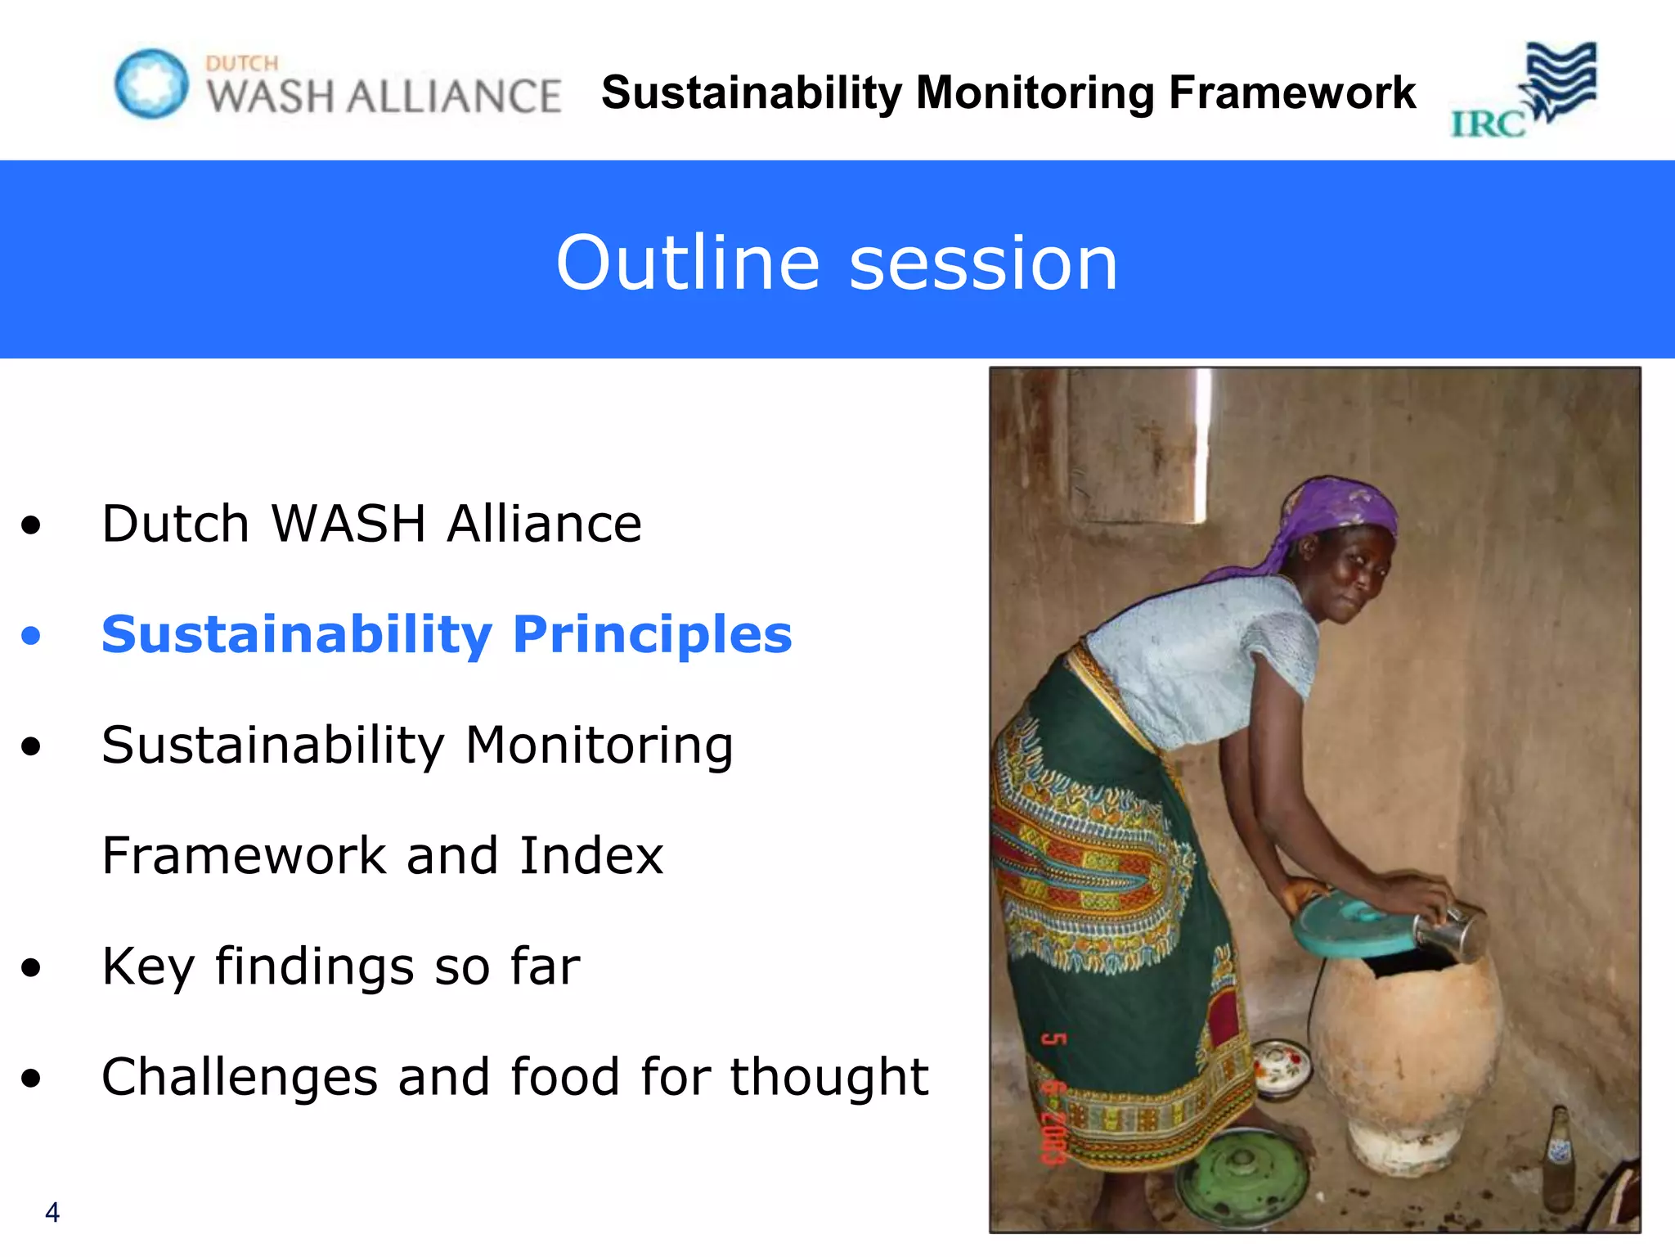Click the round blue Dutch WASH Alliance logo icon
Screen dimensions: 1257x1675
click(151, 83)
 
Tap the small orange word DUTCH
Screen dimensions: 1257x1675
click(242, 63)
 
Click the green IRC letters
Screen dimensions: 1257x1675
click(1487, 124)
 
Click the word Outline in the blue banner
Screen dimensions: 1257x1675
click(687, 263)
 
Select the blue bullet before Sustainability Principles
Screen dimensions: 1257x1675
click(31, 635)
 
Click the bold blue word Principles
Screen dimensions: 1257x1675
click(652, 635)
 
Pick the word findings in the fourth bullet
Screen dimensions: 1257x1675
click(314, 966)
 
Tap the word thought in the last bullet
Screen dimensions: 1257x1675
click(829, 1077)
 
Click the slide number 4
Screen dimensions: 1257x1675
click(52, 1212)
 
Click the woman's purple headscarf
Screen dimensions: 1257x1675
click(1329, 516)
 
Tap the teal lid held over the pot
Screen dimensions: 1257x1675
click(1349, 929)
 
